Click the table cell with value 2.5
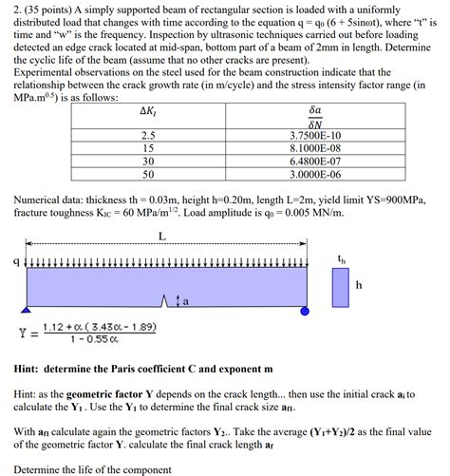point(148,135)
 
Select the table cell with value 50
point(148,175)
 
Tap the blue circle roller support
point(304,311)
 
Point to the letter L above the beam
point(162,237)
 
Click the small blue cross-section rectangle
point(339,287)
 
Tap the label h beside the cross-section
point(359,284)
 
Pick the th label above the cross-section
point(341,257)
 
